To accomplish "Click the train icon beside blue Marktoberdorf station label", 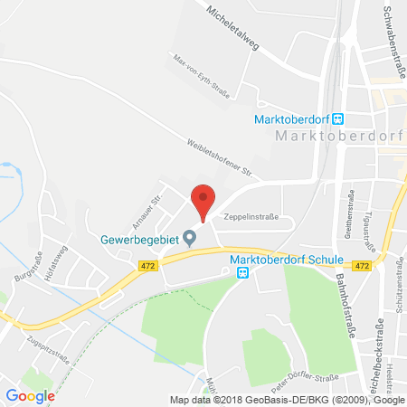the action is click(x=338, y=118).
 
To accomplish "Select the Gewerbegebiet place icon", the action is click(x=189, y=239).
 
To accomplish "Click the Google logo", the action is click(x=30, y=395).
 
